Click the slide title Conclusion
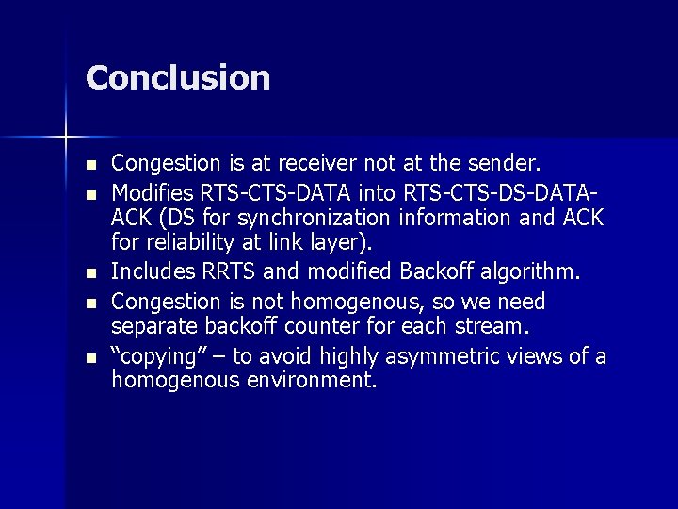pos(178,77)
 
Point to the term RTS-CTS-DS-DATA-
pos(500,193)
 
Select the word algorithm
pos(535,274)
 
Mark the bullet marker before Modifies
pos(90,195)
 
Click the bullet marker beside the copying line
pos(90,357)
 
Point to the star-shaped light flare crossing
pos(65,138)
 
